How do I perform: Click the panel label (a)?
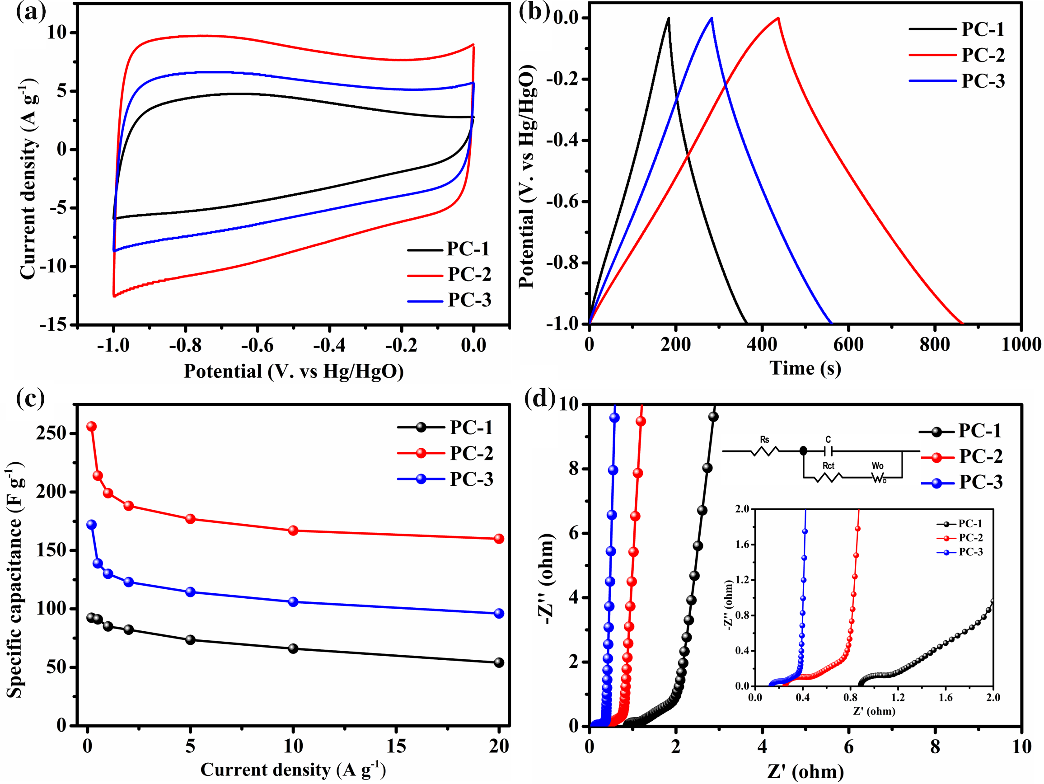pyautogui.click(x=31, y=12)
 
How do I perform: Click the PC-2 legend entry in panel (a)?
pyautogui.click(x=468, y=274)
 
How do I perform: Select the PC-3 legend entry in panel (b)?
pyautogui.click(x=983, y=81)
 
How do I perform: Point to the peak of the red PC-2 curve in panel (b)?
pyautogui.click(x=778, y=18)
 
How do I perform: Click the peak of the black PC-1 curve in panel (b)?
pyautogui.click(x=668, y=18)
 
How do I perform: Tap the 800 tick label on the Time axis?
pyautogui.click(x=935, y=344)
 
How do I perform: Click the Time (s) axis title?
pyautogui.click(x=805, y=368)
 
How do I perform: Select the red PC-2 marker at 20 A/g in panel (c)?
pyautogui.click(x=499, y=539)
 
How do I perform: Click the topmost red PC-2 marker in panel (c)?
pyautogui.click(x=92, y=426)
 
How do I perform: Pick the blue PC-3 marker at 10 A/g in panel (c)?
pyautogui.click(x=293, y=602)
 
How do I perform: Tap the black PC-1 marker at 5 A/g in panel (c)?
pyautogui.click(x=190, y=640)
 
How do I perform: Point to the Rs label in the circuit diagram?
pyautogui.click(x=765, y=439)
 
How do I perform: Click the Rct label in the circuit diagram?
pyautogui.click(x=829, y=465)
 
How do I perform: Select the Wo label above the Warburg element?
pyautogui.click(x=878, y=465)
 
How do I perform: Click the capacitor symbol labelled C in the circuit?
pyautogui.click(x=828, y=451)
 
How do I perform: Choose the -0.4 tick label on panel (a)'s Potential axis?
pyautogui.click(x=329, y=346)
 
